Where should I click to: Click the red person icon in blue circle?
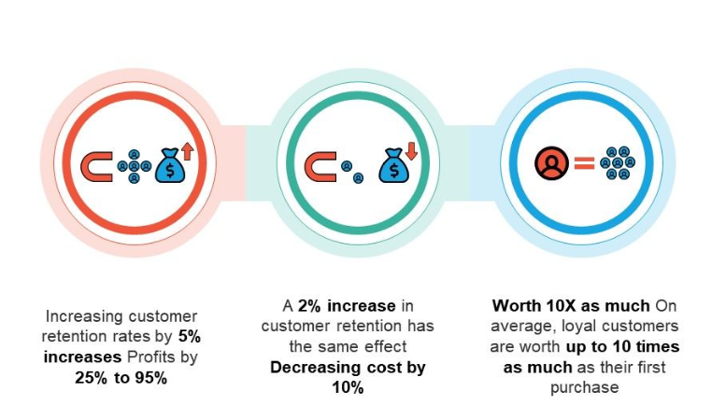(x=551, y=164)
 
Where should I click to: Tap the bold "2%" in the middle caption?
(x=310, y=307)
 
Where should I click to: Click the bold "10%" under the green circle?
(x=348, y=386)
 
